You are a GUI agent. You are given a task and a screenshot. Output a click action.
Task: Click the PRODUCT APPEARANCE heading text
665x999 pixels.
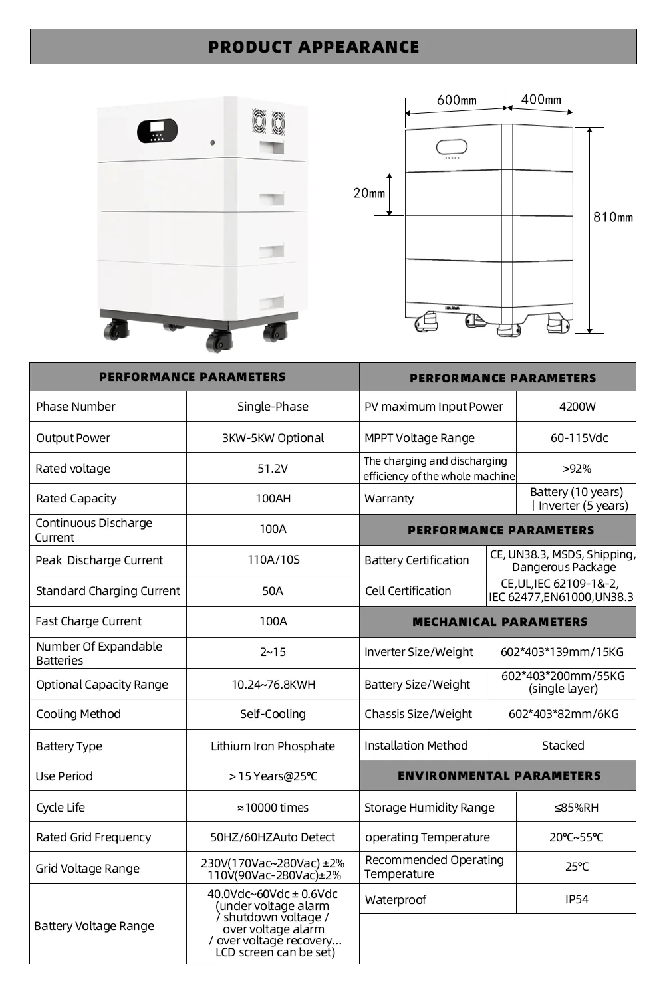coord(314,47)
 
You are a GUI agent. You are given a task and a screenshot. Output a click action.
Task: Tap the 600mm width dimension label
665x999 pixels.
coord(456,100)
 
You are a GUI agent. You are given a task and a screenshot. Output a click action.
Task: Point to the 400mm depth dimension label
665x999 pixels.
coord(541,100)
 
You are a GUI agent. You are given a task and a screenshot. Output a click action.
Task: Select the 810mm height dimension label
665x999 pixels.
coord(612,217)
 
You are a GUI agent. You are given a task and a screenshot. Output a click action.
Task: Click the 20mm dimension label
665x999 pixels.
coord(369,193)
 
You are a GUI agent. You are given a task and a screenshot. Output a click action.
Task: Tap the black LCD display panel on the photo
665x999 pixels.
coord(157,130)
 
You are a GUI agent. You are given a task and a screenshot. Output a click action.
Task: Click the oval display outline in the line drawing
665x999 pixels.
coord(452,147)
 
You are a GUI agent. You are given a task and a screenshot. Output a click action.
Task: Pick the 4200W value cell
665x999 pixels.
coord(577,407)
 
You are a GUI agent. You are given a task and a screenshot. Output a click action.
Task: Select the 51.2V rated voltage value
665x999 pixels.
coord(273,469)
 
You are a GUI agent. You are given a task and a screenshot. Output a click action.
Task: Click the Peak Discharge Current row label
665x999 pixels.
coord(99,560)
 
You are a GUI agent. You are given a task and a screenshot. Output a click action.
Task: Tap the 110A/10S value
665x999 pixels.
coord(273,560)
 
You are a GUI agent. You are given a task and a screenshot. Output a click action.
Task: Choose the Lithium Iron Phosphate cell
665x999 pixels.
coord(273,746)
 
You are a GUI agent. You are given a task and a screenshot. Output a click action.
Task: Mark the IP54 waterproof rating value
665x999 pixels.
coord(577,899)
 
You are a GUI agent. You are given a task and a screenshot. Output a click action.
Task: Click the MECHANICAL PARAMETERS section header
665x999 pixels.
coord(499,622)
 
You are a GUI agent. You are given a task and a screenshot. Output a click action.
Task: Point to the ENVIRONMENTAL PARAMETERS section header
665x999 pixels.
coord(499,776)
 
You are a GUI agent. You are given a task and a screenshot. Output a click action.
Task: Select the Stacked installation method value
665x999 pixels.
coord(563,746)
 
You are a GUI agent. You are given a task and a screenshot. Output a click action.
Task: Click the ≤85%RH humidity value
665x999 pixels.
coord(577,808)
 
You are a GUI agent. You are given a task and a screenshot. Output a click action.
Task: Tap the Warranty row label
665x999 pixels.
coord(389,499)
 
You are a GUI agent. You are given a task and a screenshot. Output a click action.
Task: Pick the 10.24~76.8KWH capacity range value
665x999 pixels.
coord(273,685)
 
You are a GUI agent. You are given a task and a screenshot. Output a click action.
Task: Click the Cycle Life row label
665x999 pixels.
coord(61,808)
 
